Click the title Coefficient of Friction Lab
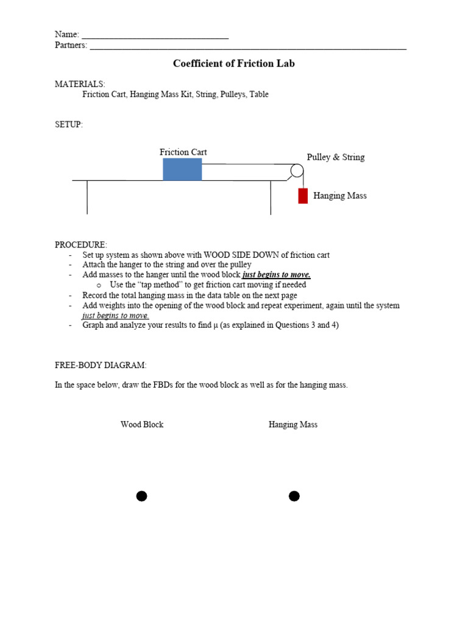[234, 63]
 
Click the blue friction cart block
[182, 169]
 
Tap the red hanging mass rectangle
[303, 196]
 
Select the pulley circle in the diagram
[297, 171]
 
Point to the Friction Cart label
[183, 152]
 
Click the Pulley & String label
[336, 157]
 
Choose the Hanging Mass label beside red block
[339, 196]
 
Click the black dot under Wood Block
[141, 496]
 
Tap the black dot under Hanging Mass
[294, 496]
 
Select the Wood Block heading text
[142, 425]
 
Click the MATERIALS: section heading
[80, 83]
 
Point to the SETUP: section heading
[69, 124]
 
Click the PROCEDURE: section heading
[81, 244]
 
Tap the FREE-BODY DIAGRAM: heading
[101, 365]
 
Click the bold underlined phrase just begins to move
[277, 275]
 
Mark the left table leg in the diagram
[87, 197]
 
